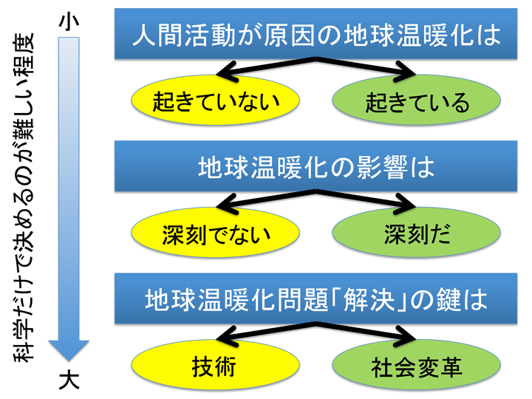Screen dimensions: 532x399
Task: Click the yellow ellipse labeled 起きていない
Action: coord(216,100)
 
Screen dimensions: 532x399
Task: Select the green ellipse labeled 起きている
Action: coord(416,100)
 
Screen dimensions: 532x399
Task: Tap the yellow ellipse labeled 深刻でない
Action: coord(216,233)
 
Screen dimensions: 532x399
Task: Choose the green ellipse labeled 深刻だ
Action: coord(416,233)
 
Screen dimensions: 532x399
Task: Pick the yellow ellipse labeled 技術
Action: coord(216,365)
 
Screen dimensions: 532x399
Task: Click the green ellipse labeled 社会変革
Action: coord(416,365)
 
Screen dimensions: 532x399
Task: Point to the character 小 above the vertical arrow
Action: coord(69,21)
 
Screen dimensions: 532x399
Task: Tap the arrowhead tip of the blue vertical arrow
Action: coord(69,361)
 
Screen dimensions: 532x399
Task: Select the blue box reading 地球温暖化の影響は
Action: coord(316,166)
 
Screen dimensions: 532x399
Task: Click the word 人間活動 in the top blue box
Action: coord(183,35)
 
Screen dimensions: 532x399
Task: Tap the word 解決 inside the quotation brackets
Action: coord(369,300)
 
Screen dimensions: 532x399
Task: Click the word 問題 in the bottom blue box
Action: coord(303,300)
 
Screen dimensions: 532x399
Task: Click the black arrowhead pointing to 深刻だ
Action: coord(405,204)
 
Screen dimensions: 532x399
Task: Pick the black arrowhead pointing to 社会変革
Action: coord(405,337)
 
